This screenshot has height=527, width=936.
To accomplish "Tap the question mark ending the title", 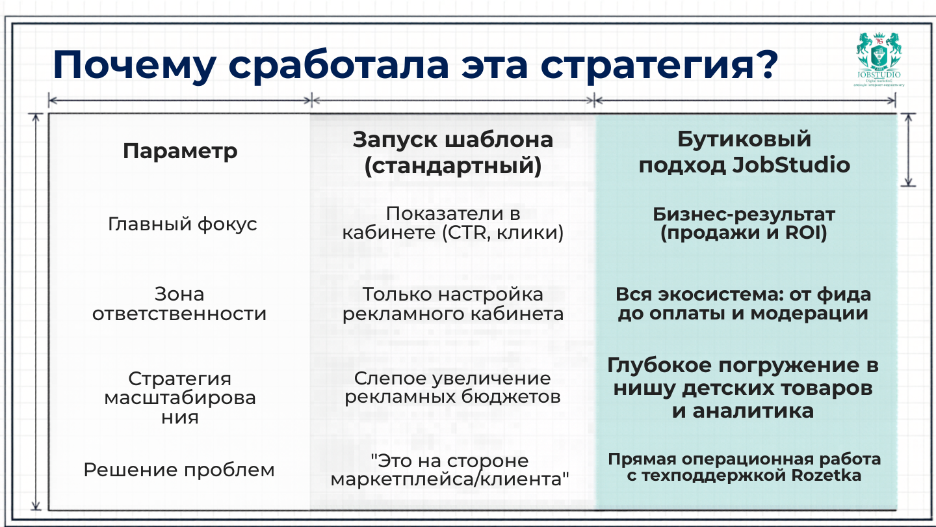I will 765,64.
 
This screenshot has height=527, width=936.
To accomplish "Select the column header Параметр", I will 180,152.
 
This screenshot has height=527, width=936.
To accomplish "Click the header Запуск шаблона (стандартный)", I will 452,152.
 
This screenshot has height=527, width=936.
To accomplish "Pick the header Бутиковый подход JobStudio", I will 744,152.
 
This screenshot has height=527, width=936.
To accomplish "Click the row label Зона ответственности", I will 179,304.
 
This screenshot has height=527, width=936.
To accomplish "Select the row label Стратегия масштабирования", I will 180,398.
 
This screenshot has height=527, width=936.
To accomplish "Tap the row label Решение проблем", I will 179,470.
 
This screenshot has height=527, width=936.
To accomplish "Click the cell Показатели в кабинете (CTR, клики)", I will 452,223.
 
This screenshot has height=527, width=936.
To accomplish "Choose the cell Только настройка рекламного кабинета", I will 452,304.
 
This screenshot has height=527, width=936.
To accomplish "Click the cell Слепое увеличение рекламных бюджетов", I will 452,388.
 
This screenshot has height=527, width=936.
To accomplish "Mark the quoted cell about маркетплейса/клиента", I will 450,470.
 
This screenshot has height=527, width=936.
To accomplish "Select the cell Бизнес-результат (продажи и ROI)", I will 744,223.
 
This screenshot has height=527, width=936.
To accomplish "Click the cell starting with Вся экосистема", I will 743,304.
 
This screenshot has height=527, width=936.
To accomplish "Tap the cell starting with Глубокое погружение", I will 743,388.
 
